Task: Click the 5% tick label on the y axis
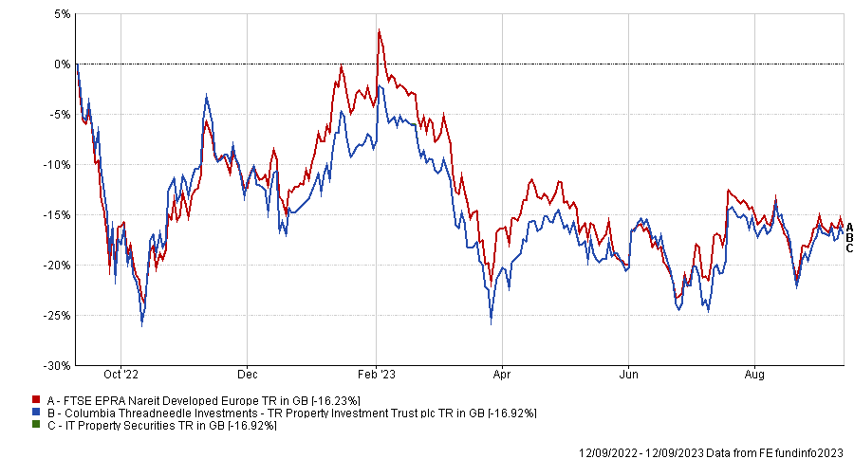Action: (x=61, y=14)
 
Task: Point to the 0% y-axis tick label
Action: (x=61, y=64)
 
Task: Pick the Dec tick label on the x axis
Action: (x=247, y=374)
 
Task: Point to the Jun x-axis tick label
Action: (x=628, y=374)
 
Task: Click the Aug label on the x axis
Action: (x=754, y=374)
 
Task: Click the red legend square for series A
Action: (x=36, y=401)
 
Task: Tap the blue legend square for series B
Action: (x=36, y=413)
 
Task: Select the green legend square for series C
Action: (x=36, y=426)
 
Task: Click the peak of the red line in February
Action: (x=379, y=30)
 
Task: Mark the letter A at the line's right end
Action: (x=849, y=227)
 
